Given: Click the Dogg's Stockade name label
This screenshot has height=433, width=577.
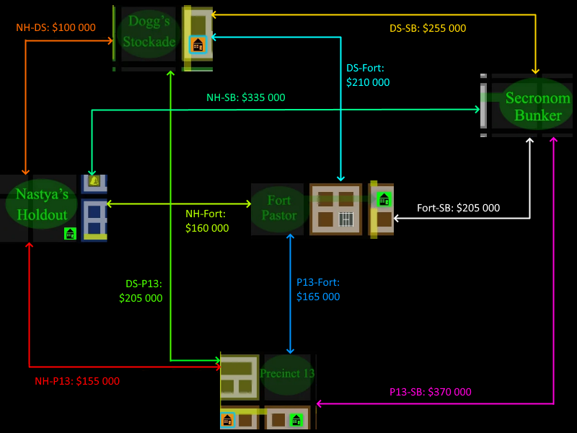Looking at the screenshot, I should tap(149, 33).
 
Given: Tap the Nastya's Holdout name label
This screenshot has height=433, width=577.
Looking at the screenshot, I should tap(42, 204).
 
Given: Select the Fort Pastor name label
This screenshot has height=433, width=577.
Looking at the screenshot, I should tap(279, 207).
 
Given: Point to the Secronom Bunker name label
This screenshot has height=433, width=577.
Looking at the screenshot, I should tap(534, 106).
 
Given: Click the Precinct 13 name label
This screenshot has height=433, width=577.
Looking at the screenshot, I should tap(287, 374).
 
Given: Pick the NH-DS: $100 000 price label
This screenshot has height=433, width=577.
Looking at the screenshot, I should tap(56, 27).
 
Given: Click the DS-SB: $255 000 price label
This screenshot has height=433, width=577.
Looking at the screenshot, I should tap(428, 28).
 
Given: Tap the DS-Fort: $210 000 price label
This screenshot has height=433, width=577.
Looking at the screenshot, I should tap(368, 75).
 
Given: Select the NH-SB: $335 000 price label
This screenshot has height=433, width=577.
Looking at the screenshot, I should tap(246, 97).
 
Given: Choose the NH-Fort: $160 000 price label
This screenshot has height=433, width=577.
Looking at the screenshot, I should tap(207, 221).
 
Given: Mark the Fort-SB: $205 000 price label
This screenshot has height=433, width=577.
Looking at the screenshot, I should tap(458, 208).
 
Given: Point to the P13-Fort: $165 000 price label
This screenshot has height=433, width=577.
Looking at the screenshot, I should tap(318, 289).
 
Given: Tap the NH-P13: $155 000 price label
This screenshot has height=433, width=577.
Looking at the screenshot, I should tap(77, 381).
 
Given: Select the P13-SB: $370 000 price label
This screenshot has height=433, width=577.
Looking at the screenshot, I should tap(431, 392).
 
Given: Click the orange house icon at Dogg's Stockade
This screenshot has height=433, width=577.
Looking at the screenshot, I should tap(198, 44).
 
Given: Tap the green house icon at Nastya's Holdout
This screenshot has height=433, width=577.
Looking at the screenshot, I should tap(70, 233).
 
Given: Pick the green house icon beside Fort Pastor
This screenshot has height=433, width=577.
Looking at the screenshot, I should tap(384, 199).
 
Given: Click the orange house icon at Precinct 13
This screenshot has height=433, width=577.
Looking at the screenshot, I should tap(228, 419).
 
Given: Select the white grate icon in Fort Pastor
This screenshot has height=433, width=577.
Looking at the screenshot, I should tap(346, 219).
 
